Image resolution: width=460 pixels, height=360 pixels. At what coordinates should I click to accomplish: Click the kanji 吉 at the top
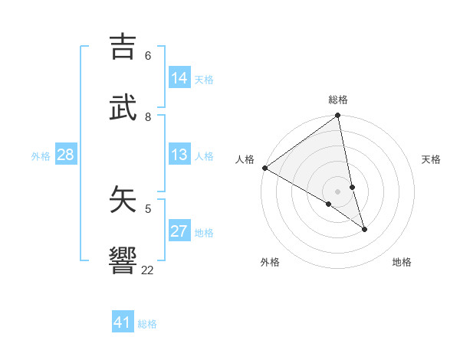123,47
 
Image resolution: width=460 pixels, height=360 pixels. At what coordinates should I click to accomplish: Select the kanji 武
123,107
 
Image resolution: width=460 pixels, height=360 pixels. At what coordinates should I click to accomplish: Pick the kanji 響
123,260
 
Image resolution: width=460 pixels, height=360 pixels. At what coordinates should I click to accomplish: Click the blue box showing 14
179,78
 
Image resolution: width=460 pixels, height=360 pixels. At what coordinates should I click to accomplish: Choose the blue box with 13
179,155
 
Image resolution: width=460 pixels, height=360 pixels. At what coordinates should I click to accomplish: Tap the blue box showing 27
179,231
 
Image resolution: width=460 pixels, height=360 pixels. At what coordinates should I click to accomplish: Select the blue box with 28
65,155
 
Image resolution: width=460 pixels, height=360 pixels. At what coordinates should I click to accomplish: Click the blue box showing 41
123,322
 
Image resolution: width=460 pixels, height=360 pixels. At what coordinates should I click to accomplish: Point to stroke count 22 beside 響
147,270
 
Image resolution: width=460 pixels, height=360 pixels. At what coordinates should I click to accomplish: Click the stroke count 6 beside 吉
148,56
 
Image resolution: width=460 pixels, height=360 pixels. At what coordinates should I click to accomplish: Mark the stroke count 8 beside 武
148,116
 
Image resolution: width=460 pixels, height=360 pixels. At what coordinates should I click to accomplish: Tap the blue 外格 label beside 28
41,156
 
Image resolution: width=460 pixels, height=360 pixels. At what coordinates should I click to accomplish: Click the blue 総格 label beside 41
147,324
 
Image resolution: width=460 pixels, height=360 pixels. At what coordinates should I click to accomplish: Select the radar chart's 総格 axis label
338,100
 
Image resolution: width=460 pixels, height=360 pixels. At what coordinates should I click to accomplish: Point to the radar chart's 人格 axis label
245,159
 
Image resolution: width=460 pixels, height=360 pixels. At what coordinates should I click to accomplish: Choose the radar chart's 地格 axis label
402,262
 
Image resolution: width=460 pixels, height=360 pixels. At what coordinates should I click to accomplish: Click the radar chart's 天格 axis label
431,159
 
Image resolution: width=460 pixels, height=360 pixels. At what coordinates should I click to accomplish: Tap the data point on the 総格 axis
338,116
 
